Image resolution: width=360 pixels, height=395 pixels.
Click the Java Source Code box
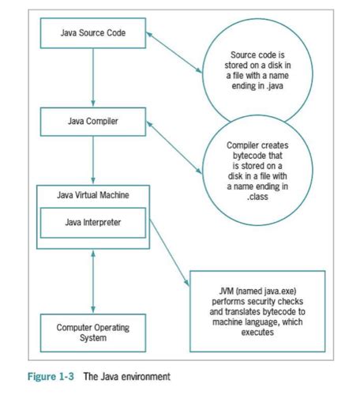click(92, 35)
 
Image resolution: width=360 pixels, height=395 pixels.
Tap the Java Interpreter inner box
click(94, 223)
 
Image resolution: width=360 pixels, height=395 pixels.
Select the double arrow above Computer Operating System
click(93, 283)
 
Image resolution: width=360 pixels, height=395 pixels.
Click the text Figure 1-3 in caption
click(47, 376)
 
